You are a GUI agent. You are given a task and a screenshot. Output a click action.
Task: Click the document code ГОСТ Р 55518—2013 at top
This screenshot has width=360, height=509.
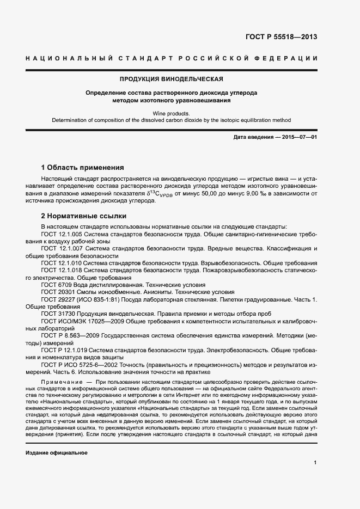pos(280,38)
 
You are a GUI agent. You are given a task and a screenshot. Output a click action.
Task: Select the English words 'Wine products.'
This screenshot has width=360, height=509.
pos(171,112)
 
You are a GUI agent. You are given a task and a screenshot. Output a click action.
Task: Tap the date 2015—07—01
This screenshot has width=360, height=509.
pos(298,137)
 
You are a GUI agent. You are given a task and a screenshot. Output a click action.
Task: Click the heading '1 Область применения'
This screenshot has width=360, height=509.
pos(83,167)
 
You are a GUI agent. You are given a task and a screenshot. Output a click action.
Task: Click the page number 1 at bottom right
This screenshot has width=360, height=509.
pos(315,463)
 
